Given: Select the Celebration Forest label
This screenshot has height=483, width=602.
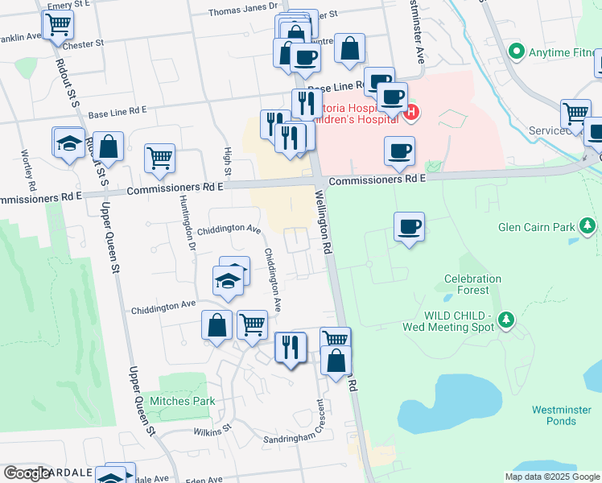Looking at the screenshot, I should pos(472,284).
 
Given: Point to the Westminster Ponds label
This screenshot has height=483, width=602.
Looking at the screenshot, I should pos(554,415).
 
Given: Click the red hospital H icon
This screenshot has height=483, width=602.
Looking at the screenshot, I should pos(410,112).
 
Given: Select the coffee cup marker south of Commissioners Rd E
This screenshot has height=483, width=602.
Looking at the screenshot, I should pos(409,228).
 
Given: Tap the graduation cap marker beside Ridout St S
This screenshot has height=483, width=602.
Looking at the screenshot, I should pos(69,144).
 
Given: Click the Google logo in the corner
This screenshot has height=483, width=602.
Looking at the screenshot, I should pos(27,473).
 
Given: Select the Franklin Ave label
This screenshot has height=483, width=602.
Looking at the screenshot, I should pos(19,37).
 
